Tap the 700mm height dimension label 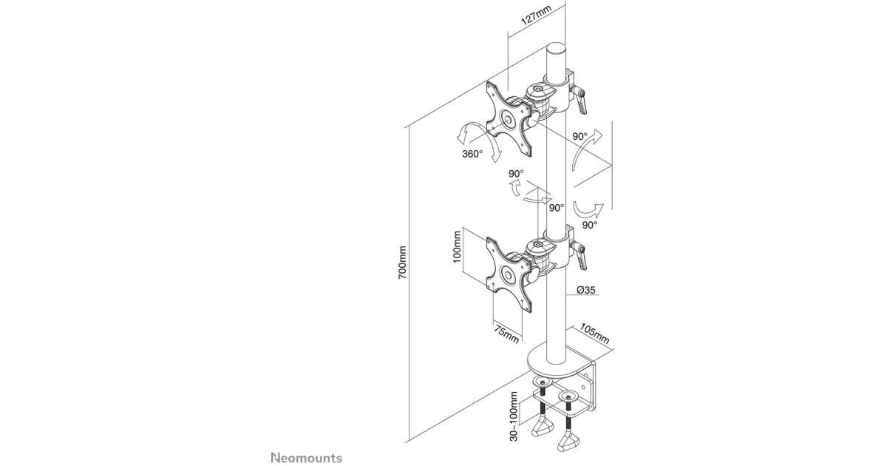click(x=402, y=263)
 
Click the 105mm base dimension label click(x=595, y=334)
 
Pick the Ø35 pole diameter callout click(x=586, y=290)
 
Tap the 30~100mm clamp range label click(x=514, y=416)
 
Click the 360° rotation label click(x=472, y=154)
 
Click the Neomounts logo click(x=306, y=458)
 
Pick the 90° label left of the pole click(x=516, y=174)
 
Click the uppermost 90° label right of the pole click(x=580, y=136)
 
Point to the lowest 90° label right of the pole click(x=590, y=225)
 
